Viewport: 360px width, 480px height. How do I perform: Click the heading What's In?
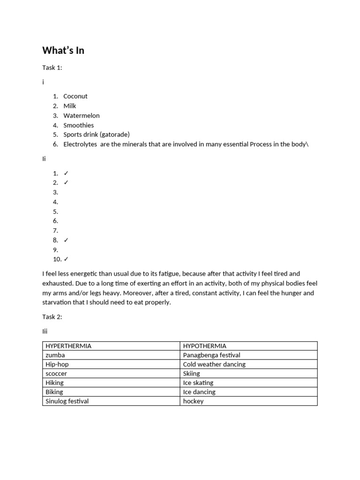(63, 50)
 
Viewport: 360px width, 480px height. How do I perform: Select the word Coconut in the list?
(75, 96)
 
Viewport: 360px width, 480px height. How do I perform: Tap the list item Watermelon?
(82, 115)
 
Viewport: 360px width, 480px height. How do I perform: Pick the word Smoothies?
(79, 125)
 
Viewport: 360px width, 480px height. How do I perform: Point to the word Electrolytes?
(80, 144)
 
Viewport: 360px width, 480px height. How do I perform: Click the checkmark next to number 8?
(66, 240)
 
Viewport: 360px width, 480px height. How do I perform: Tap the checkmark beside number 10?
(66, 259)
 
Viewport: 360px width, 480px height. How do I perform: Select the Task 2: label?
(52, 317)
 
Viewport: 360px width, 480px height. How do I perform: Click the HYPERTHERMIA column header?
(68, 346)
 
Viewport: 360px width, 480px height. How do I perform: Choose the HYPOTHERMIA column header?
(205, 346)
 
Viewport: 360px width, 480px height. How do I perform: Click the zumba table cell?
(55, 355)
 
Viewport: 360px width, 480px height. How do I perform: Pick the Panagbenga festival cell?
(211, 355)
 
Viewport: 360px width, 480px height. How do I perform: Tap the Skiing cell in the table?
(192, 374)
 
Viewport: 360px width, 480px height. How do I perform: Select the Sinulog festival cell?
(67, 401)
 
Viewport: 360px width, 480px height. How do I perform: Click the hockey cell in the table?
(193, 401)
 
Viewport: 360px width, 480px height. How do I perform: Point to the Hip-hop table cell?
(58, 364)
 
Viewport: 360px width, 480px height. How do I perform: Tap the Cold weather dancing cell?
(214, 364)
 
